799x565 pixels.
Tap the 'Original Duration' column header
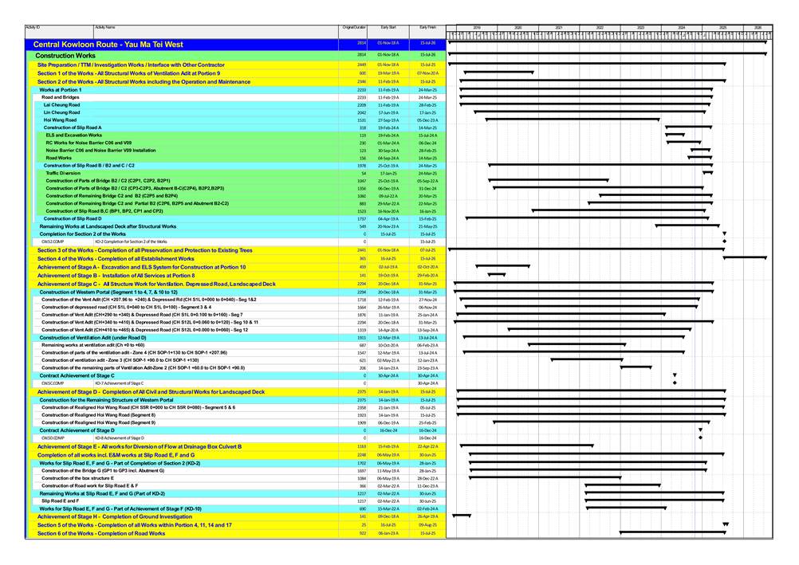(x=354, y=27)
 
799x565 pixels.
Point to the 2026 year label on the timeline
(x=758, y=28)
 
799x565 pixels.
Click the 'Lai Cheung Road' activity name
(x=61, y=104)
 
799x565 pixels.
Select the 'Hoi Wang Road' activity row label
(x=60, y=120)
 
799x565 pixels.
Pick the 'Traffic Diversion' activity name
(x=63, y=173)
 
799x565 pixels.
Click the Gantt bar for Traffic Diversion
(x=707, y=173)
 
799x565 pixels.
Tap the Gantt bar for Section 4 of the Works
(x=744, y=258)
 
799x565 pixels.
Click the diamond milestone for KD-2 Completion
(x=724, y=241)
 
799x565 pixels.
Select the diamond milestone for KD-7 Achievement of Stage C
(x=675, y=383)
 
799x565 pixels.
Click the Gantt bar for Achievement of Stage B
(x=496, y=275)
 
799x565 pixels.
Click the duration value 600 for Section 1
(x=362, y=73)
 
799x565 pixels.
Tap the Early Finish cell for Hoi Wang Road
(x=427, y=120)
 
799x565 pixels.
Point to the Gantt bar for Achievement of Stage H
(x=462, y=516)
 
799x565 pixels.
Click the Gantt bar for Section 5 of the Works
(x=726, y=524)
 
